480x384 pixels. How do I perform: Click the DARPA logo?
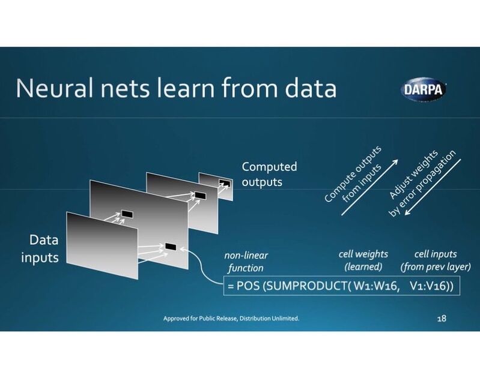pos(424,89)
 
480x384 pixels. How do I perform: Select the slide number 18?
pos(442,319)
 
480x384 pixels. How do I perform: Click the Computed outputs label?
pos(269,174)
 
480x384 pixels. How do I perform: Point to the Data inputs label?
pos(40,248)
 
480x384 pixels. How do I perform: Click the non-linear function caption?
pos(246,262)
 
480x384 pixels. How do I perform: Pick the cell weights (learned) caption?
pos(363,260)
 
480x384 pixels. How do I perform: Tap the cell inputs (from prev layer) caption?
pos(436,260)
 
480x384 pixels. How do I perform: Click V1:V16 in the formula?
pos(431,286)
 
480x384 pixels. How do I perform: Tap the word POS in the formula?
pos(248,286)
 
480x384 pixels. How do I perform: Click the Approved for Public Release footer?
pos(231,319)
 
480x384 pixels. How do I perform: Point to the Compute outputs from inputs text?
pos(353,174)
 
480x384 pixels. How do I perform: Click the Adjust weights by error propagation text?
pos(422,183)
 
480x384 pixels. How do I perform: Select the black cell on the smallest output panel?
pos(225,183)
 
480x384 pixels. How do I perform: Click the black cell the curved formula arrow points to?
pos(171,247)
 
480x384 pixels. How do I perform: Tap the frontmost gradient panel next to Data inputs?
pos(102,245)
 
